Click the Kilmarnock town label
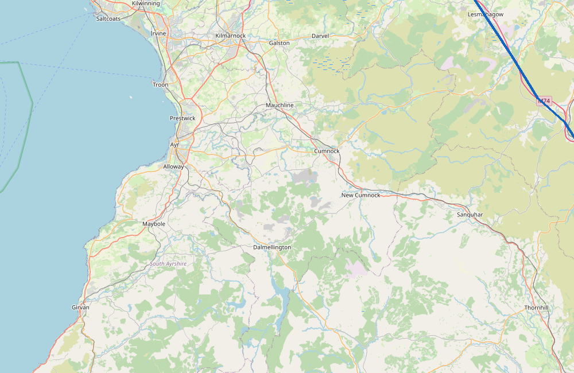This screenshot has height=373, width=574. point(230,36)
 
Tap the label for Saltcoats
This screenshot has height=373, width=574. point(108,18)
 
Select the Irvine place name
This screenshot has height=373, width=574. point(158,33)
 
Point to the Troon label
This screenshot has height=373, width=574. point(161,84)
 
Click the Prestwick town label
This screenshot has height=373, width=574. point(183,118)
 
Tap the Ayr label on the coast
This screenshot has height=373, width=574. point(174,145)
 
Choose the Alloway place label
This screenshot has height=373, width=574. point(174,166)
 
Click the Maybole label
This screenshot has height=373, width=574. point(154,223)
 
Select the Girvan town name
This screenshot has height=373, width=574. point(80,308)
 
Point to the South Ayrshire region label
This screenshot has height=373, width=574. point(168,263)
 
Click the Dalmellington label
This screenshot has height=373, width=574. point(272,247)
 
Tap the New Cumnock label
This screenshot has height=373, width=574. point(360,195)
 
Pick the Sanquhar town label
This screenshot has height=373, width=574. point(470,215)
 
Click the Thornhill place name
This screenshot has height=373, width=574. point(537,308)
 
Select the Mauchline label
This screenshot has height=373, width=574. point(280,106)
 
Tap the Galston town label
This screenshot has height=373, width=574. point(280,43)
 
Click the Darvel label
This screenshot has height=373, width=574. point(320,36)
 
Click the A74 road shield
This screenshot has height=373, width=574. point(544,101)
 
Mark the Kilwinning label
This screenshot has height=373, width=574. point(146,3)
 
